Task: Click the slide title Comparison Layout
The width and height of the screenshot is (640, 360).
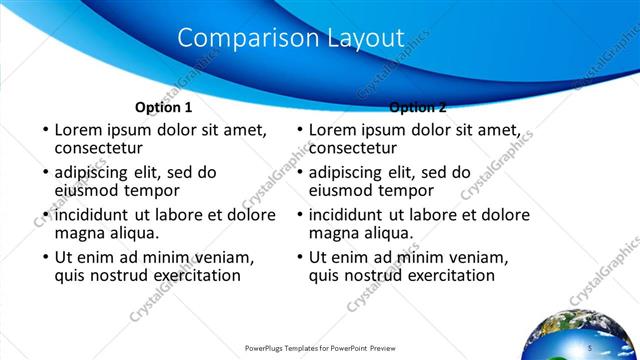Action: pos(290,37)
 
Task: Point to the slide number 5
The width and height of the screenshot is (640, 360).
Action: pos(590,347)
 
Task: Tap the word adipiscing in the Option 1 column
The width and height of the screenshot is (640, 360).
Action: pos(98,172)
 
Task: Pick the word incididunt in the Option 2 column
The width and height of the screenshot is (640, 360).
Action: pos(353,214)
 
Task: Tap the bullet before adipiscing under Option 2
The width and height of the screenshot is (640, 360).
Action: pos(300,173)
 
